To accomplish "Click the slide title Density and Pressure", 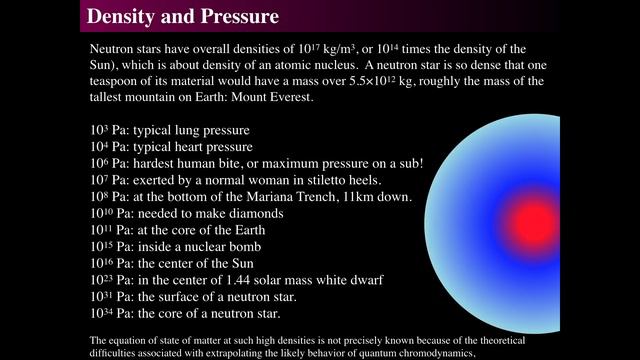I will pos(182,17).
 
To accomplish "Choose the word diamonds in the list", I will pos(254,213).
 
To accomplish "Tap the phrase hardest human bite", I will pos(187,164).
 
